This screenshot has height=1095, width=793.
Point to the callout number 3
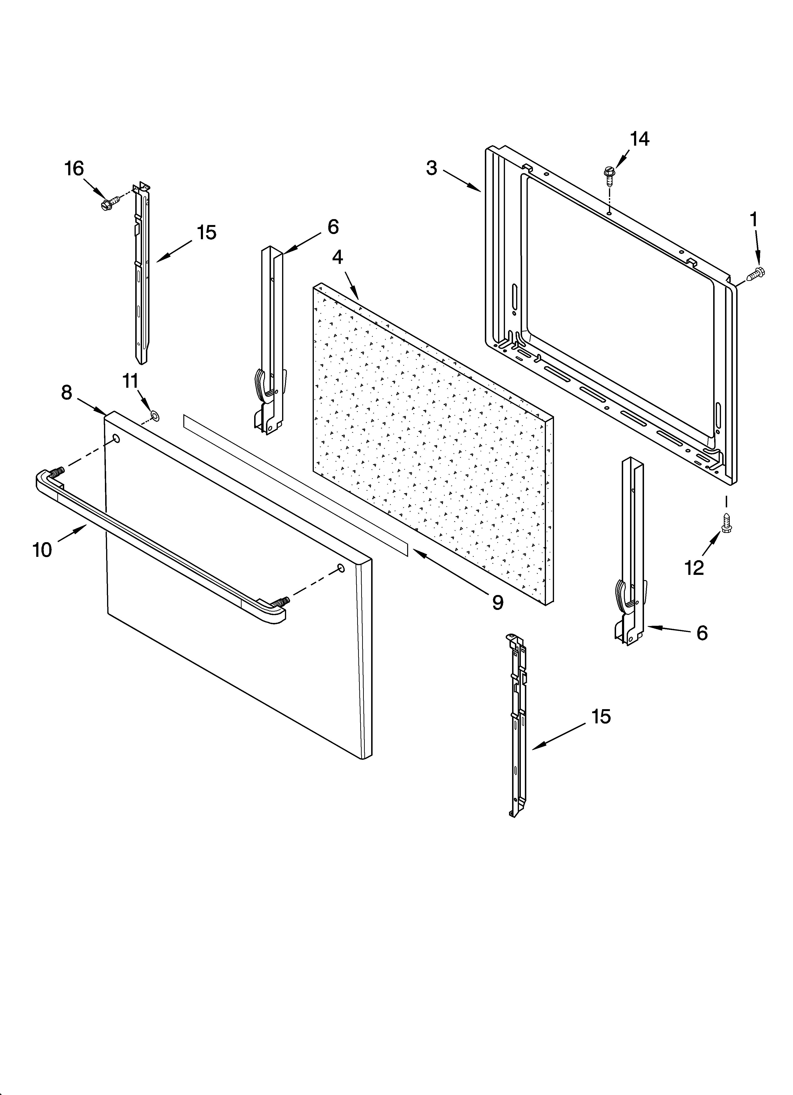[431, 168]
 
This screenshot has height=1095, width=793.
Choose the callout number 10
[42, 550]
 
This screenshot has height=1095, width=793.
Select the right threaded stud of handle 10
[282, 602]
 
